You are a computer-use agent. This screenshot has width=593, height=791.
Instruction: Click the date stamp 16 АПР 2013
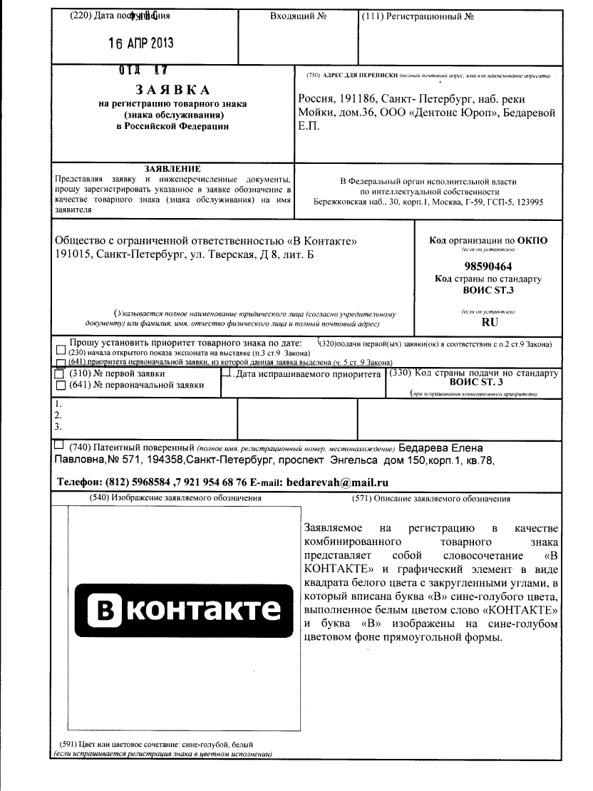pyautogui.click(x=140, y=42)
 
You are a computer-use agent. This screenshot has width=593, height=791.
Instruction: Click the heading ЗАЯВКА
pyautogui.click(x=172, y=90)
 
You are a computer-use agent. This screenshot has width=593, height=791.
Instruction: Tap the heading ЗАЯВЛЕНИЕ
pyautogui.click(x=172, y=168)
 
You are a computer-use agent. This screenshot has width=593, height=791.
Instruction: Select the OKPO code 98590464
pyautogui.click(x=488, y=265)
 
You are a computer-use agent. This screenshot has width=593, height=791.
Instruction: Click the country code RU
pyautogui.click(x=490, y=322)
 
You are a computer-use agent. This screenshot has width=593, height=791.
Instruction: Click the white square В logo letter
pyautogui.click(x=104, y=610)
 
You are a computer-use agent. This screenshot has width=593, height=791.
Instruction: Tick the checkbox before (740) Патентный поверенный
pyautogui.click(x=58, y=445)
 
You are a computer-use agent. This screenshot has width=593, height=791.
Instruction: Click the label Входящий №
pyautogui.click(x=298, y=15)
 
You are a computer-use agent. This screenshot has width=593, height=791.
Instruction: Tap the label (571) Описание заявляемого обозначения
pyautogui.click(x=441, y=499)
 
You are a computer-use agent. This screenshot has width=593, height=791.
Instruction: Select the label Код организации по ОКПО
pyautogui.click(x=488, y=241)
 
